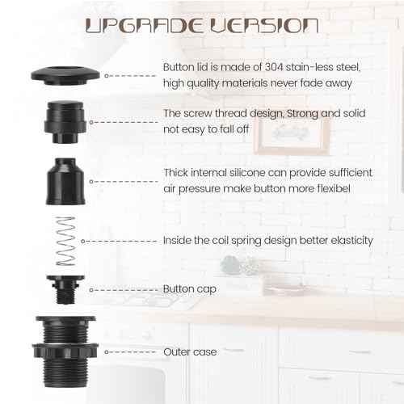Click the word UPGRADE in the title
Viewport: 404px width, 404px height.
(x=142, y=25)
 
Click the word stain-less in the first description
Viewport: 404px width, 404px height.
(x=316, y=65)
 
